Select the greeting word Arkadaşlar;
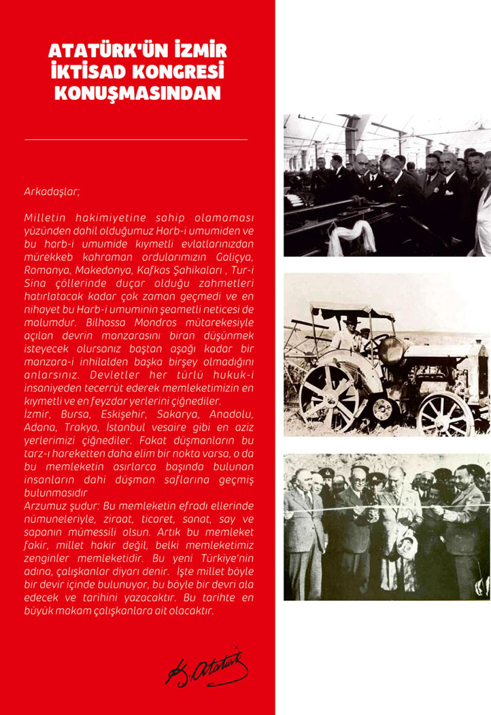(52, 192)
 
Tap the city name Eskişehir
(118, 413)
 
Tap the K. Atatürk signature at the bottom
(207, 668)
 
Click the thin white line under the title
(136, 139)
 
